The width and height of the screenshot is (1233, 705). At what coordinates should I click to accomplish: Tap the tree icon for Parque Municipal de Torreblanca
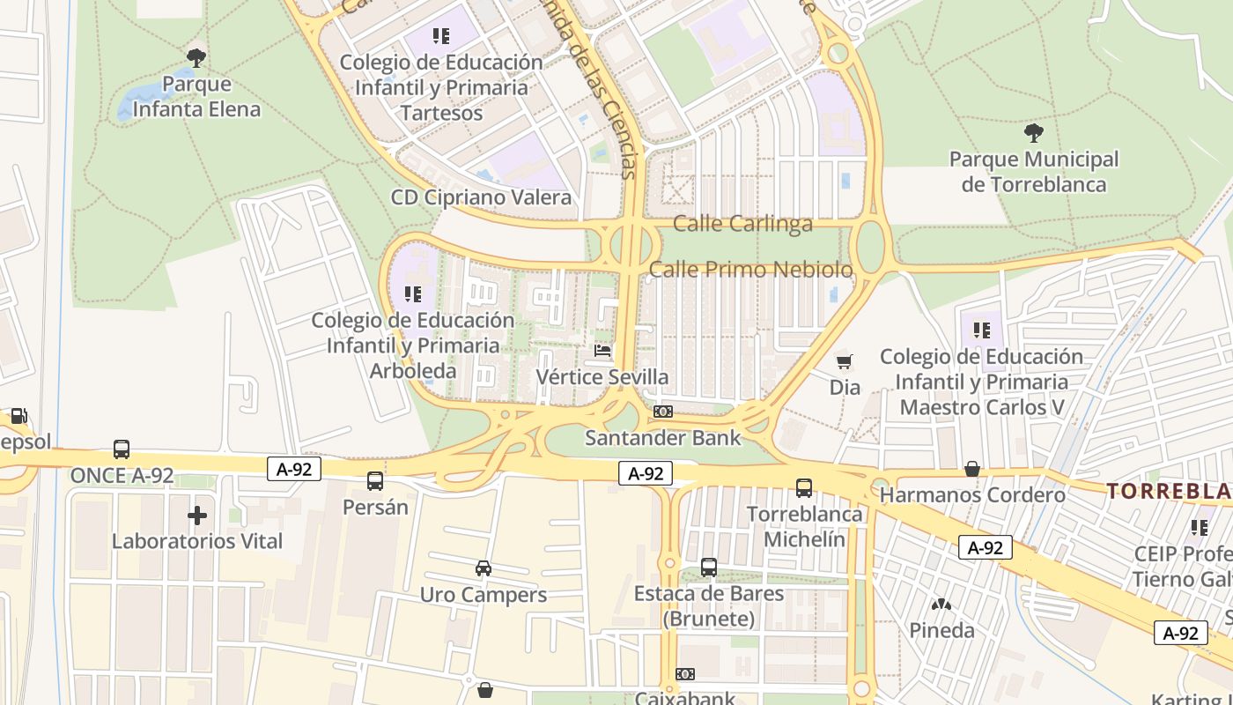point(1034,134)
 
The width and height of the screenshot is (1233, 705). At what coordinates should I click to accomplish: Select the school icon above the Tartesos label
point(441,36)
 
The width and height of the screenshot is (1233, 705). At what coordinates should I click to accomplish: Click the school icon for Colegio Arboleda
point(412,293)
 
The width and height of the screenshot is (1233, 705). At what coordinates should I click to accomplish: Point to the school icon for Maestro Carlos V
point(982,330)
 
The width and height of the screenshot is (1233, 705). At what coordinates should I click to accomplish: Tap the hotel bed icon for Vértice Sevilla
point(602,351)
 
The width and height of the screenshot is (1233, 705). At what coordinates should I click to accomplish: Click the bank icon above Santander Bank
point(663,412)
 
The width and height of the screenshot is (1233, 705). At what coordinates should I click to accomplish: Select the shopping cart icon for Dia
point(845,361)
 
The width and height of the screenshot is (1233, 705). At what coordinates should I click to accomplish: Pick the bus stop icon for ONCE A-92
point(122,449)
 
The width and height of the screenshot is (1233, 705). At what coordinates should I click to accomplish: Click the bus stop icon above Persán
point(375,481)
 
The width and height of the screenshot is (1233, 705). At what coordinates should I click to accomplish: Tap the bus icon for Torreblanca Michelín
point(804,487)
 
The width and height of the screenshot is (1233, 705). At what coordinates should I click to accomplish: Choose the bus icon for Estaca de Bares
point(709,568)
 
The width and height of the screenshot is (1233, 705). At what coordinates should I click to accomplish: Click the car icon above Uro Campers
point(483,568)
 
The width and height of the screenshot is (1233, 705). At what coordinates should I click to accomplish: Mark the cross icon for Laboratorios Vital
point(197,515)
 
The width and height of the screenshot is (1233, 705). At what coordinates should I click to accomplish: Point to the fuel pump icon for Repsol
point(18,416)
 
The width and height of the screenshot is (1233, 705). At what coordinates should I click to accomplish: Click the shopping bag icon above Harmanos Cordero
point(972,469)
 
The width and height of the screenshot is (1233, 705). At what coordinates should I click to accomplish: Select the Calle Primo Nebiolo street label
point(751,269)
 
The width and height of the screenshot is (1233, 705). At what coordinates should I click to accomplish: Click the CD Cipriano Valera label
point(481,197)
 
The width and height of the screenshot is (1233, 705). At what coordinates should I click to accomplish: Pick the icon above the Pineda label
point(941,605)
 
